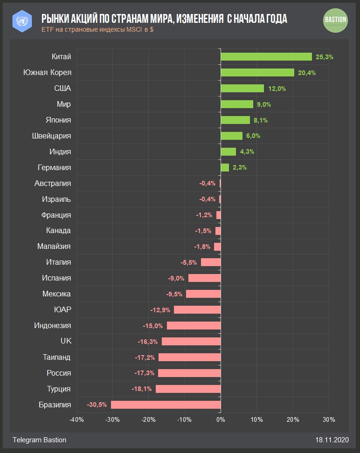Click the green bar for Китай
pos(266,56)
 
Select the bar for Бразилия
pos(166,405)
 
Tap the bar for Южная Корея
pos(257,72)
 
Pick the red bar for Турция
pos(188,389)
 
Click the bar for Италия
pos(210,262)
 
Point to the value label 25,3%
pos(325,57)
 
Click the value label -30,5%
pos(96,405)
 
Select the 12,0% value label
pos(277,89)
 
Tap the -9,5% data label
pos(174,294)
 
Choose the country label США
pos(62,89)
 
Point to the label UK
pos(66,341)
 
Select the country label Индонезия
pos(53,325)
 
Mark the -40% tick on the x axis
pos(76,419)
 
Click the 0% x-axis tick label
pos(221,419)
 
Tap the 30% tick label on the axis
pos(328,419)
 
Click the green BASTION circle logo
pos(335,20)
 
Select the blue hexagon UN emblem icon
pos(21,21)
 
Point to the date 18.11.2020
pos(332,440)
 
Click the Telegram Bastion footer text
pos(39,440)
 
